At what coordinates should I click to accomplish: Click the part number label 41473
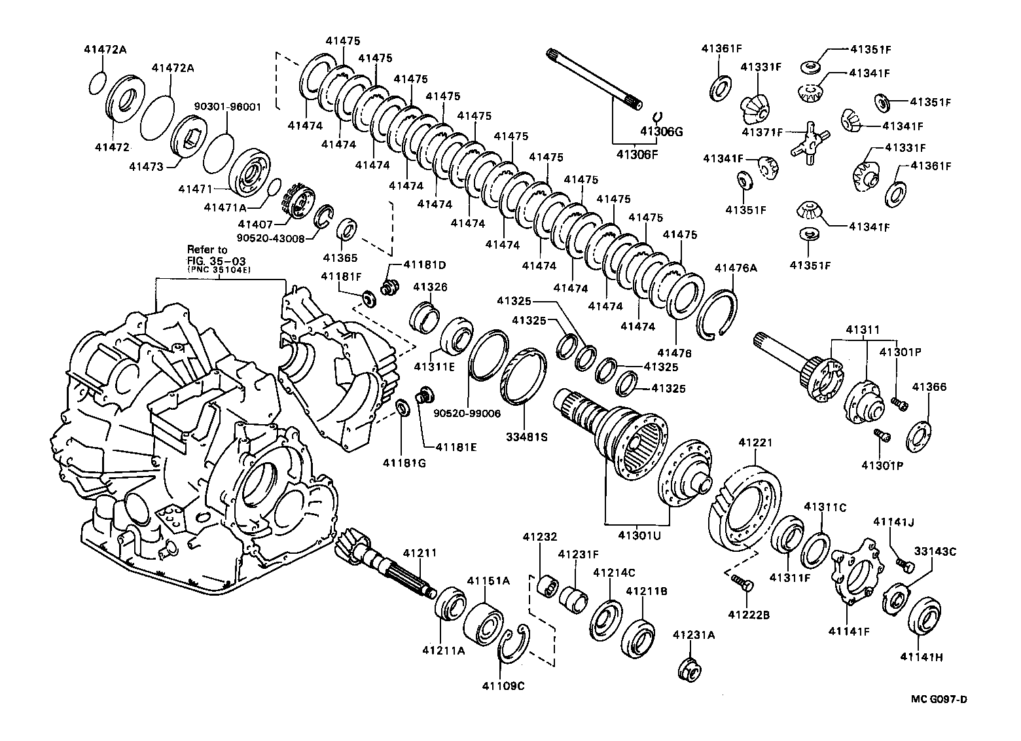pos(146,167)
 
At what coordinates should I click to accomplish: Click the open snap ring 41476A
pos(717,314)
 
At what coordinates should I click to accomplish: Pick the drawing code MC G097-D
pos(939,699)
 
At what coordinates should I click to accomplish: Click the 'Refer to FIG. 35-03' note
pos(208,258)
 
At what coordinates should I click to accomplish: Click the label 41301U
pos(639,536)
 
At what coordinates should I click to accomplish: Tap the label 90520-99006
pos(467,413)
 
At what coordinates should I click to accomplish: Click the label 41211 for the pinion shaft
pos(419,552)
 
